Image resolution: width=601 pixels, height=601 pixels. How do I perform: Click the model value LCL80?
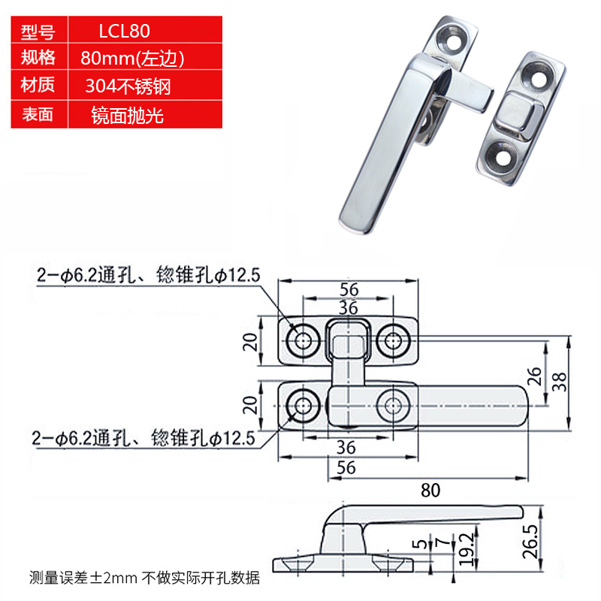click(x=125, y=32)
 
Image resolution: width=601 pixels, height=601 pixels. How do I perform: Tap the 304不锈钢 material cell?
click(x=128, y=86)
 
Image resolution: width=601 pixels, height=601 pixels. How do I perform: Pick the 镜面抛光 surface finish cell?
click(x=126, y=115)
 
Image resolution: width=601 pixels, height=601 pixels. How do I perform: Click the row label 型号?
click(x=38, y=32)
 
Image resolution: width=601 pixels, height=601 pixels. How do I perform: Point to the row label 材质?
click(x=38, y=86)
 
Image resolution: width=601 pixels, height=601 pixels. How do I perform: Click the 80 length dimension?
click(x=429, y=491)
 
